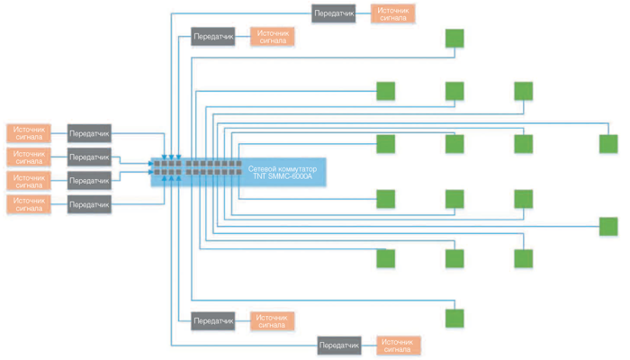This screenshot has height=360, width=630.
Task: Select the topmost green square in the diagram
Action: [454, 39]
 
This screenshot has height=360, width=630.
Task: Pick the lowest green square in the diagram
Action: [454, 318]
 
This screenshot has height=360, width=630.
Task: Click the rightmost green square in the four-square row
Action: [608, 144]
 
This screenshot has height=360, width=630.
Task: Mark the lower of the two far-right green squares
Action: [608, 226]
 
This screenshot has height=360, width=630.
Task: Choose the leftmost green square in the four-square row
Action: [385, 144]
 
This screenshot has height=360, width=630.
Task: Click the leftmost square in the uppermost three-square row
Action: [385, 91]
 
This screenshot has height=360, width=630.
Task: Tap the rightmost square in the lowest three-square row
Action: [524, 258]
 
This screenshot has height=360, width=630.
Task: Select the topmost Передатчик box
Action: [334, 13]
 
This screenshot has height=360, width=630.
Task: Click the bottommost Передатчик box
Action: [339, 345]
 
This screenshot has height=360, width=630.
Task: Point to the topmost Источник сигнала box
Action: [393, 13]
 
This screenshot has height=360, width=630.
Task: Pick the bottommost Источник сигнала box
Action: [399, 345]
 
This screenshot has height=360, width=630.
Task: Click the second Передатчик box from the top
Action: [213, 38]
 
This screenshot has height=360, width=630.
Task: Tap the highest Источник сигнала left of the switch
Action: [30, 132]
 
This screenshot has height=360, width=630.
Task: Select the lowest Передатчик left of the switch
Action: [89, 205]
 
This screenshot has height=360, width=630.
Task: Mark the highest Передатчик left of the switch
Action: [89, 132]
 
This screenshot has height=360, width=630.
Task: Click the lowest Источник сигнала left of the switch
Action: [30, 205]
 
